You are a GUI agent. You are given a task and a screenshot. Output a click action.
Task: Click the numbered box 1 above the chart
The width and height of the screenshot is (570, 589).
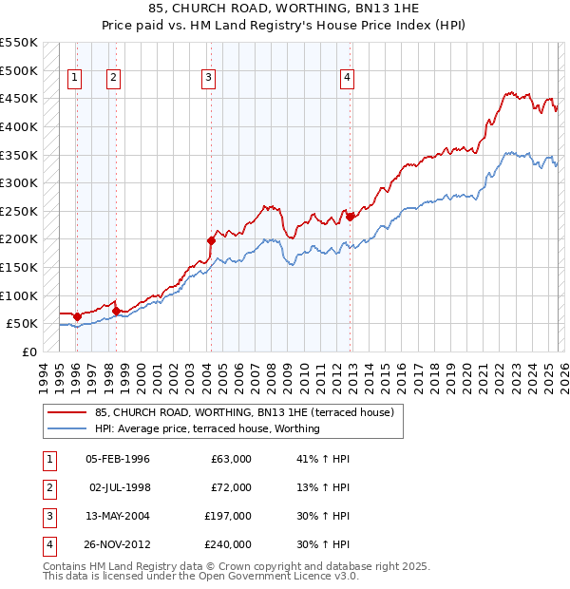pyautogui.click(x=75, y=79)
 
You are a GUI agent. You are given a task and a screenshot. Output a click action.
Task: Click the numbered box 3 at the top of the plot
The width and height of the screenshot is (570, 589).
pyautogui.click(x=208, y=79)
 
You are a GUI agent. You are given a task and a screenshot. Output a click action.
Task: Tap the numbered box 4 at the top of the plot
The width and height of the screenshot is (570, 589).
pyautogui.click(x=348, y=79)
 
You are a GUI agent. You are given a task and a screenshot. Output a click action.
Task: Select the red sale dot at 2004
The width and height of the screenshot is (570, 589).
pyautogui.click(x=211, y=240)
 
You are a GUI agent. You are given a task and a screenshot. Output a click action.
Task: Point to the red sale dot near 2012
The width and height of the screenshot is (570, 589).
pyautogui.click(x=350, y=217)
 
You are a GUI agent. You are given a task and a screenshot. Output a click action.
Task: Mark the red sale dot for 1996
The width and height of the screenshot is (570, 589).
pyautogui.click(x=77, y=315)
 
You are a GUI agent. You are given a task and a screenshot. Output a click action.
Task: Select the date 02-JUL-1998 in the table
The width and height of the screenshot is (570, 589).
pyautogui.click(x=119, y=487)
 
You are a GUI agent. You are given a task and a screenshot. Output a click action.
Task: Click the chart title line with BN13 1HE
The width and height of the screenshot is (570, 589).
pyautogui.click(x=285, y=9)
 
